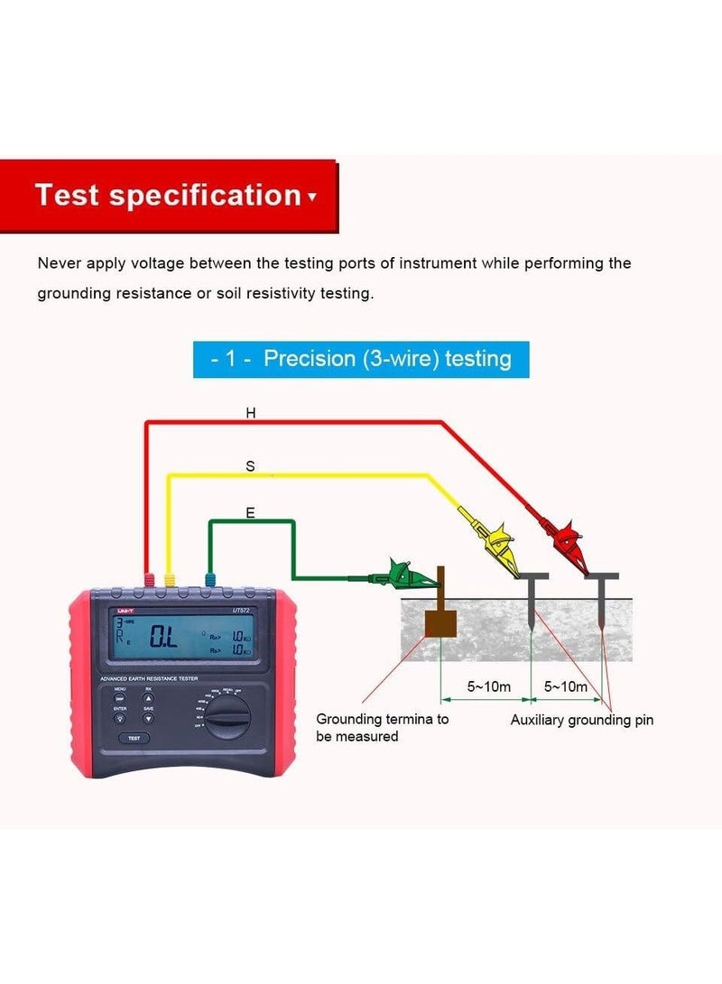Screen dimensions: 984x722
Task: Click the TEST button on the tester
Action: (x=134, y=737)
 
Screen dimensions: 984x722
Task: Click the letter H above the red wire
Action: (x=251, y=412)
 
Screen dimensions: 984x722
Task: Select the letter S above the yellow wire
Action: (x=251, y=466)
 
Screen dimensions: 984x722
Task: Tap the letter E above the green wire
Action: (x=250, y=513)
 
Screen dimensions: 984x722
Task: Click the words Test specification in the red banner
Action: (x=168, y=195)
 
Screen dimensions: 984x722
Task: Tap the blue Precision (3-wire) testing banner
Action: (x=361, y=358)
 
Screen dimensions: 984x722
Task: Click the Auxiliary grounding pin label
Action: (x=581, y=720)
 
